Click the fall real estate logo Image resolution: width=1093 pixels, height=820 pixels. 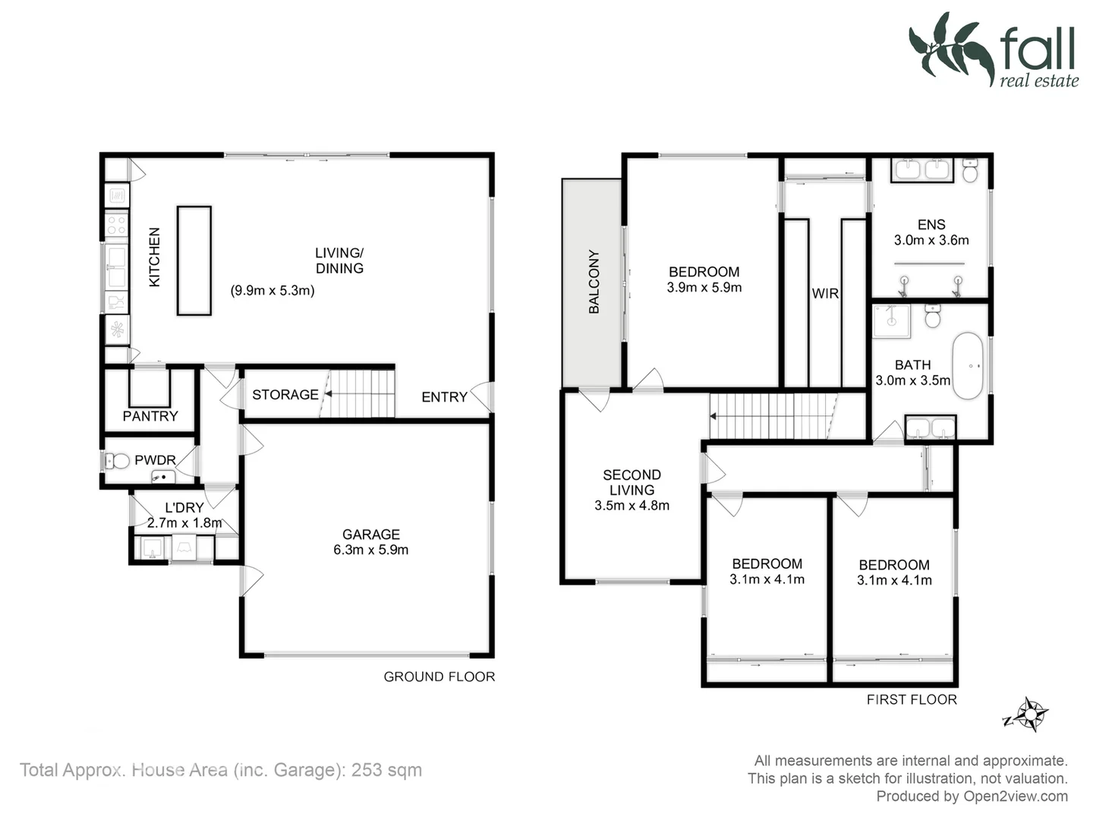click(x=994, y=50)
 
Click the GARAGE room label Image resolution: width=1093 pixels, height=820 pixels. click(x=370, y=535)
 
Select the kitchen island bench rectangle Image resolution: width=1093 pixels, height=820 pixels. click(x=194, y=260)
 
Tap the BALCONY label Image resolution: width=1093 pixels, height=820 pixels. click(x=594, y=282)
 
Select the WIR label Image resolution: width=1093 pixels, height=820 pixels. click(x=825, y=294)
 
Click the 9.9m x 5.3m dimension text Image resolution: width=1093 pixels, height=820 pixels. click(x=272, y=290)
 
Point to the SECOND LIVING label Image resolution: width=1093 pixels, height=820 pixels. click(x=632, y=482)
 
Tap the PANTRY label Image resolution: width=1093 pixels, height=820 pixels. click(x=150, y=416)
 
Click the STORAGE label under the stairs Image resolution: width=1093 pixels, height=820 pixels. click(x=285, y=395)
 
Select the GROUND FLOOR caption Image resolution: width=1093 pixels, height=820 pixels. click(x=439, y=676)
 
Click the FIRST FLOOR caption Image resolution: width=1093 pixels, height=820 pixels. click(x=912, y=699)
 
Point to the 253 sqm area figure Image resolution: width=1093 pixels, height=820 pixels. click(x=386, y=770)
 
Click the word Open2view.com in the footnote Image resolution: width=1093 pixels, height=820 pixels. click(x=1016, y=796)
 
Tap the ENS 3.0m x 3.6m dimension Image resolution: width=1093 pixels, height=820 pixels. click(x=931, y=241)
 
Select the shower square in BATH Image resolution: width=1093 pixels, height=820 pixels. click(x=891, y=321)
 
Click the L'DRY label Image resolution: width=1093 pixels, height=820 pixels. click(x=184, y=508)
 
